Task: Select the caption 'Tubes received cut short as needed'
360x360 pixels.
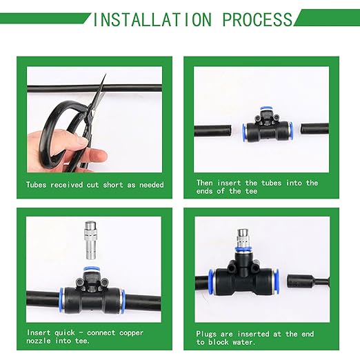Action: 94,185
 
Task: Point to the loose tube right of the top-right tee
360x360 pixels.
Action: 314,129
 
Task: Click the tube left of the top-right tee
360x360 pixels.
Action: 215,131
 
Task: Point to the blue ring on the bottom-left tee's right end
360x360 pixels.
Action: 123,301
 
